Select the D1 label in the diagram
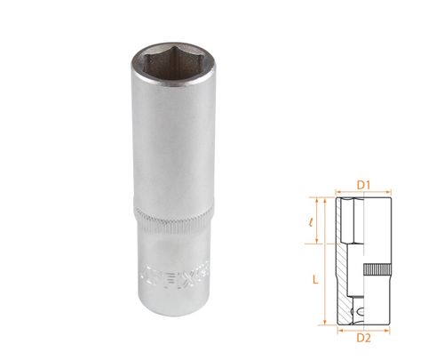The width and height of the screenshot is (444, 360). click(x=362, y=185)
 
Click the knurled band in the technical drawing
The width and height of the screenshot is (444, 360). click(x=375, y=270)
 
